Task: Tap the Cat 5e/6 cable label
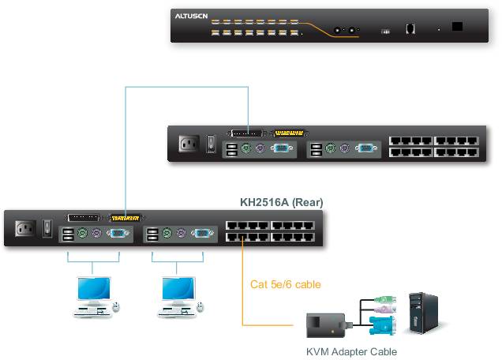click(285, 284)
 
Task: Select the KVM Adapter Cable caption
click(350, 352)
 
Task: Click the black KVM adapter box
click(325, 324)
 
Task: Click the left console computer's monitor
click(92, 290)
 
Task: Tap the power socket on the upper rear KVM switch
click(188, 144)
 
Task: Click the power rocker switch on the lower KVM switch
click(47, 229)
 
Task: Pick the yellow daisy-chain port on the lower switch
click(126, 216)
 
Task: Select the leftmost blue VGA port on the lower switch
click(117, 234)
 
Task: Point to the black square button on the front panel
click(457, 26)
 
